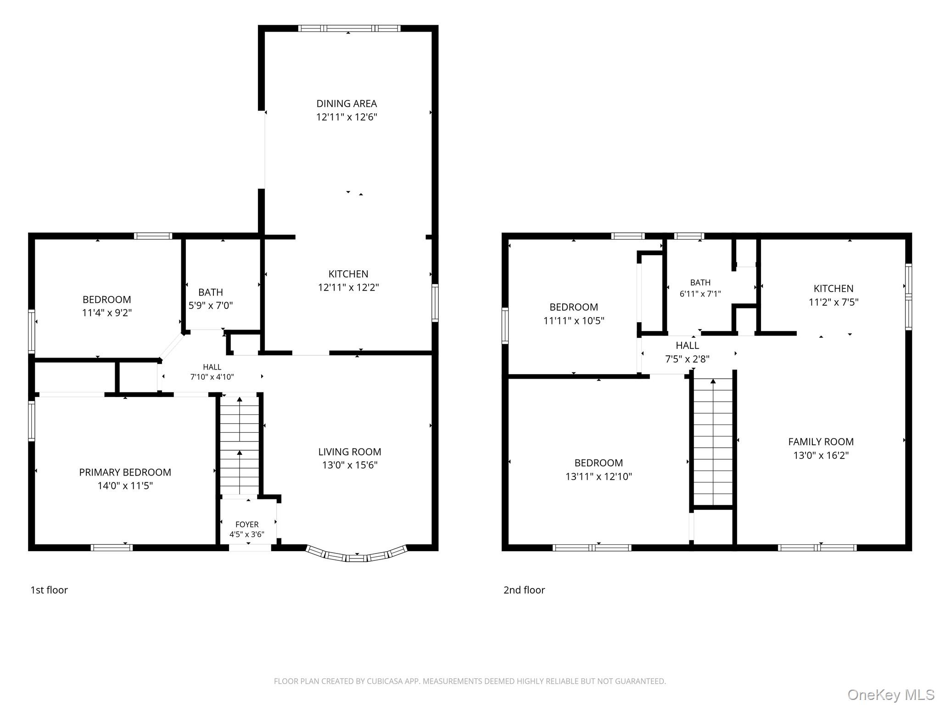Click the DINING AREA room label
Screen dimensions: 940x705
tap(347, 104)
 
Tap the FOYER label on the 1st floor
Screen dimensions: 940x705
tap(247, 524)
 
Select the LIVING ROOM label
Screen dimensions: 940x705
tap(350, 452)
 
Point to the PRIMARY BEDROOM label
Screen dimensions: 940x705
tap(125, 472)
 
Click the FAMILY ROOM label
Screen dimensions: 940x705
tap(821, 442)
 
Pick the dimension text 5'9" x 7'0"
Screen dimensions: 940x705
tap(211, 306)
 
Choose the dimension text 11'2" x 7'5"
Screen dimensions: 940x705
tap(834, 302)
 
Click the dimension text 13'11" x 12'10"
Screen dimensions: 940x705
tap(599, 476)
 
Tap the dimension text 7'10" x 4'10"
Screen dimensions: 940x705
tap(212, 377)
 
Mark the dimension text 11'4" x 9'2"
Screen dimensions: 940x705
tap(107, 313)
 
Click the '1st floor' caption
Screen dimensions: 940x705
tap(49, 590)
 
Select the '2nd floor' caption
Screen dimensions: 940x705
tap(524, 590)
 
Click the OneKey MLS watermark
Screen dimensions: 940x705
tap(891, 695)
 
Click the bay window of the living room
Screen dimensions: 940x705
tap(357, 555)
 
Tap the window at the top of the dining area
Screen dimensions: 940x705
tap(349, 28)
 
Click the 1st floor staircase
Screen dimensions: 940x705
tap(240, 445)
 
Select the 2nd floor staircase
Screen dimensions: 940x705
tap(713, 442)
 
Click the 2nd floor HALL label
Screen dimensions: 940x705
tap(688, 346)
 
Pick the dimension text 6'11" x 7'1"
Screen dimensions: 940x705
tap(700, 294)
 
